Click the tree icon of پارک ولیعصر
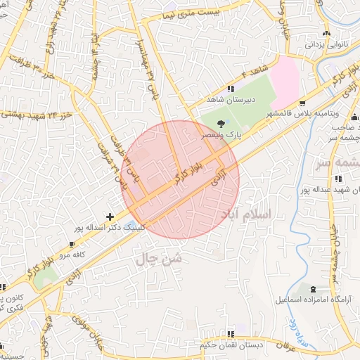(221, 124)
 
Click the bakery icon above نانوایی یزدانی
(326, 34)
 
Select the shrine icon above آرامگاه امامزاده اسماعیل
(312, 289)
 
